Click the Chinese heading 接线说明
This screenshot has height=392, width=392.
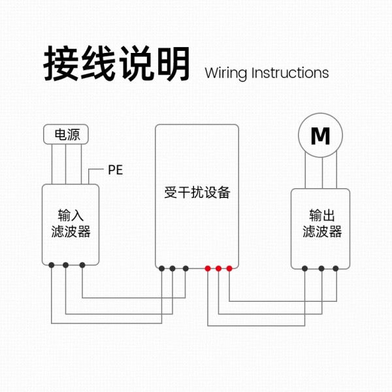click(x=117, y=64)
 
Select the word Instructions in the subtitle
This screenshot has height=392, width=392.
click(x=290, y=73)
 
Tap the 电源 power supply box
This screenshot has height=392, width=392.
click(x=66, y=135)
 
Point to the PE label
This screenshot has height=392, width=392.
click(x=115, y=171)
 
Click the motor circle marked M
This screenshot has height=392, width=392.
click(x=320, y=136)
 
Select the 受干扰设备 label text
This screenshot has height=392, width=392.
click(x=197, y=193)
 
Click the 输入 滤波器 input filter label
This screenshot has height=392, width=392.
click(x=70, y=223)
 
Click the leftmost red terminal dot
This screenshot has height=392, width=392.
click(x=208, y=268)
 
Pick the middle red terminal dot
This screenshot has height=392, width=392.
click(x=219, y=268)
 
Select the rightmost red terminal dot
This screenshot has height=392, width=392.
click(x=229, y=268)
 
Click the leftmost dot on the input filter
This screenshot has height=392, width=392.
click(x=52, y=265)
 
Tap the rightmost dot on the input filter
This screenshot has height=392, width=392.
click(x=82, y=265)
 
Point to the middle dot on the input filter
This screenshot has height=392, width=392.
click(x=66, y=265)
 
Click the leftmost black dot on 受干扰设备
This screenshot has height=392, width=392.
click(x=161, y=268)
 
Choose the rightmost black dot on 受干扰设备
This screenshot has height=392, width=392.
click(x=186, y=268)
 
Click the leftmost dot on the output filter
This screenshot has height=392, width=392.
click(x=305, y=268)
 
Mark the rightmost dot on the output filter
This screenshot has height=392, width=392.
click(x=336, y=268)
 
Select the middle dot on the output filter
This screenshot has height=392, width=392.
click(x=321, y=268)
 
